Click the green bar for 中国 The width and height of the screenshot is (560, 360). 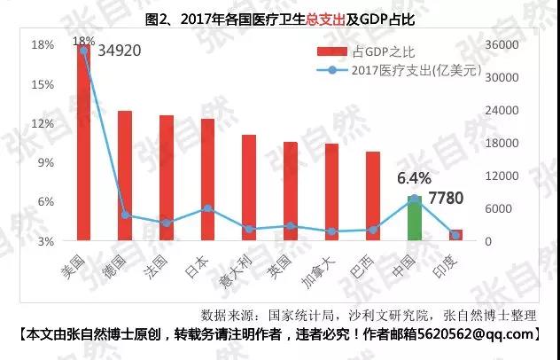coord(414,218)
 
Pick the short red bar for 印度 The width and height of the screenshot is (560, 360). coord(456,235)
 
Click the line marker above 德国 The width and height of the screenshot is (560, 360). coord(125,215)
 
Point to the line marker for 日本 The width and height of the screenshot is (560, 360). coord(207,208)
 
